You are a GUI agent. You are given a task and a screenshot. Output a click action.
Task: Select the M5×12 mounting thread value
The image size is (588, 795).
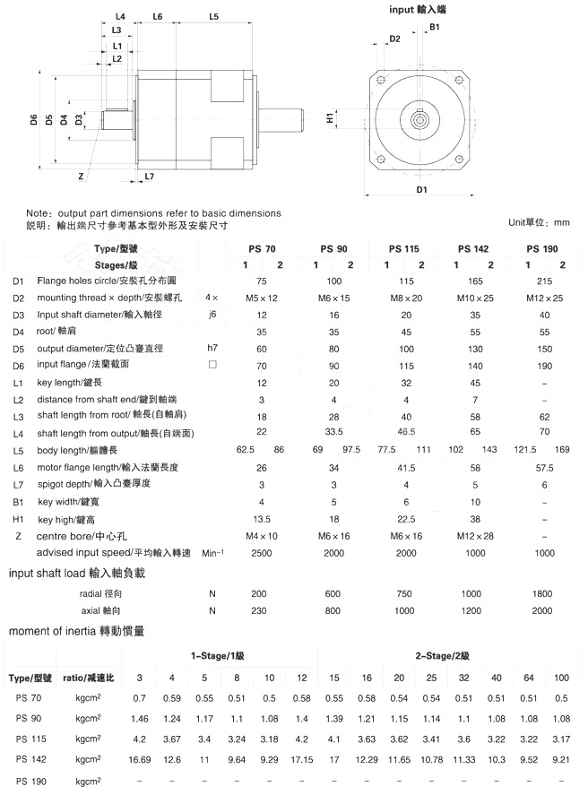262,297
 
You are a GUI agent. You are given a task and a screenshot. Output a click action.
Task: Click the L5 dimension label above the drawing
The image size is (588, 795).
214,16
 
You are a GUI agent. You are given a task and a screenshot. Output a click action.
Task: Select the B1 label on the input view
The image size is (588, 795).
434,29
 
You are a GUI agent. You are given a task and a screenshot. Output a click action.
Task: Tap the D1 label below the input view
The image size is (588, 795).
421,190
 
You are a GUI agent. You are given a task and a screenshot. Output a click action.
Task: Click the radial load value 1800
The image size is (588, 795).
543,594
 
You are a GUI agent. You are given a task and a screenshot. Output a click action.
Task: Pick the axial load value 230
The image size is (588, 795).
260,611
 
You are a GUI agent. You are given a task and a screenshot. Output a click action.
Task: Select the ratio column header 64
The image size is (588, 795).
529,677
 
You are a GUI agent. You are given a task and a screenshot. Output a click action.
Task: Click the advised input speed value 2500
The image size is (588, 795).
261,552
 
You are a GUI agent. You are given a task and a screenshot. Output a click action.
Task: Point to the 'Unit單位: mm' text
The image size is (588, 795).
539,222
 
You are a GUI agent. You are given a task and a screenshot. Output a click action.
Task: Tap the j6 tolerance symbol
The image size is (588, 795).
212,314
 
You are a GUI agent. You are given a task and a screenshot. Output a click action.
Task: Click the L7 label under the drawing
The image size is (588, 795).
149,176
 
